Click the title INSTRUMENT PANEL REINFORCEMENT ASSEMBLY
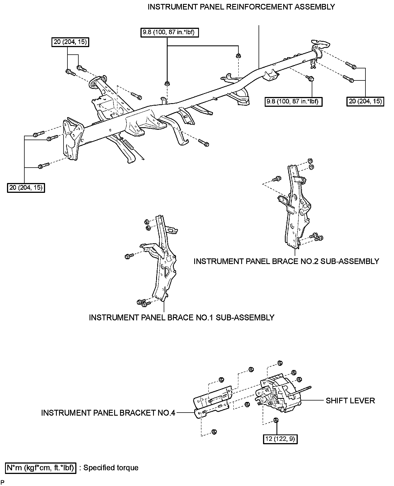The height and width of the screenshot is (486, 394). click(241, 7)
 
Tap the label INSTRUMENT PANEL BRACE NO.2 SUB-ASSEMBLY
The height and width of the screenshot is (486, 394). click(286, 261)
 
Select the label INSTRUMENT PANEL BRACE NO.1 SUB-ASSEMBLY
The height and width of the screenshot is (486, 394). click(181, 317)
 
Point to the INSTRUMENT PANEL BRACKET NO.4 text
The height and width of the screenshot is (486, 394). click(108, 413)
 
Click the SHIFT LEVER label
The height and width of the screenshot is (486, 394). click(350, 401)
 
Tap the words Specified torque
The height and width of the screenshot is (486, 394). click(111, 468)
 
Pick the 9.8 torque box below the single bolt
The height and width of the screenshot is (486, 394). click(294, 101)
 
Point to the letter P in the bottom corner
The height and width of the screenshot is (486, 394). click(3, 482)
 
